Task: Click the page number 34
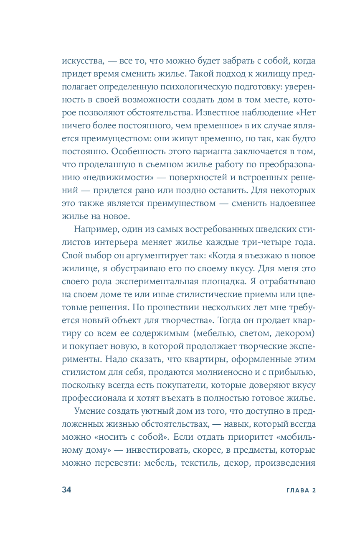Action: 67,490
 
